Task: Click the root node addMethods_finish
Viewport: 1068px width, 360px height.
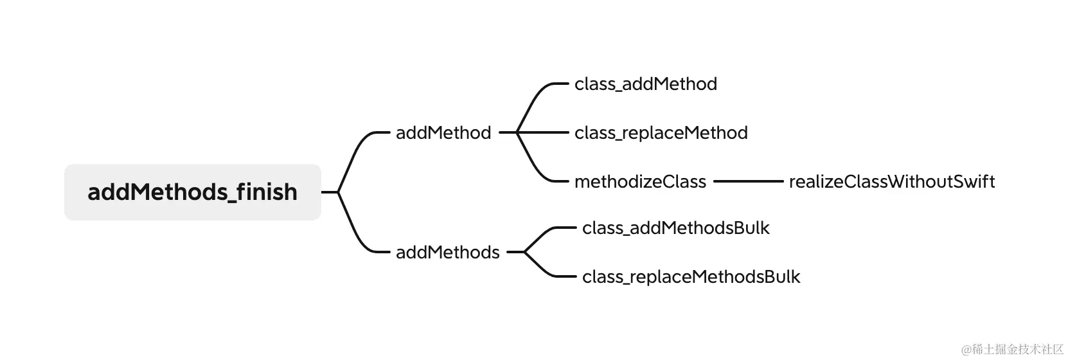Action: point(192,192)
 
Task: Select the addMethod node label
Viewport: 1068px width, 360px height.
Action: point(443,133)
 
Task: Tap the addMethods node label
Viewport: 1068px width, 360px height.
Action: point(447,253)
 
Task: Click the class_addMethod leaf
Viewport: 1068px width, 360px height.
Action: point(645,84)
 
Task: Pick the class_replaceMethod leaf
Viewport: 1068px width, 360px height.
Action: point(661,133)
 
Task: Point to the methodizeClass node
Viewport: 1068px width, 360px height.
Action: point(640,182)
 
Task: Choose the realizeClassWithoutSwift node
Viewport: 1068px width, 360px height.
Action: point(891,182)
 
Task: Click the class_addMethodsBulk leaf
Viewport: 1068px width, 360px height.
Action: point(675,228)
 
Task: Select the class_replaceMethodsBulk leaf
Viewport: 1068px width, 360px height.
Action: point(691,277)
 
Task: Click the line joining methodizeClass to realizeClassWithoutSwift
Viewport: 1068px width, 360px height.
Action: point(748,182)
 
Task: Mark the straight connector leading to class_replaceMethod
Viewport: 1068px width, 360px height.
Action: point(546,133)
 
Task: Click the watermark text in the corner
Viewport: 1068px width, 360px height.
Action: point(1012,349)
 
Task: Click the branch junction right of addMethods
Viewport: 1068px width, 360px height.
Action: point(524,253)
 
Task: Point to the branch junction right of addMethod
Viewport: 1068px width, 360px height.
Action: point(517,133)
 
